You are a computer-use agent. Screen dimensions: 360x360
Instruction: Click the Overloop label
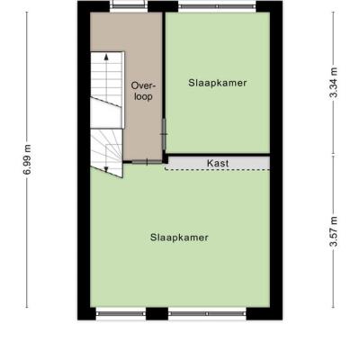point(144,91)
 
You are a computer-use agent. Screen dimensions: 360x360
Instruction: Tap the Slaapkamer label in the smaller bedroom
point(218,83)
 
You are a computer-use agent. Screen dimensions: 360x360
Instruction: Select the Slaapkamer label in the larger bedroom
point(179,238)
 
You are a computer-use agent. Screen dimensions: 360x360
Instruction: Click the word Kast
point(218,164)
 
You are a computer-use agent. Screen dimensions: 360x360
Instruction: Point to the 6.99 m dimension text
point(27,159)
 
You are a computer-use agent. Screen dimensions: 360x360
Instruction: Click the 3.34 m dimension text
point(333,83)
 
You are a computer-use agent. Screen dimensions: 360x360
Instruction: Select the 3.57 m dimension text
point(333,231)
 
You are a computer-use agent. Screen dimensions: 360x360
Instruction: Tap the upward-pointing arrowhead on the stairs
point(106,57)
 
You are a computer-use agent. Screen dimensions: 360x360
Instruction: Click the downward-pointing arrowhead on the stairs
point(106,169)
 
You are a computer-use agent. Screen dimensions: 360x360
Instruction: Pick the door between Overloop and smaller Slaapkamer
point(164,134)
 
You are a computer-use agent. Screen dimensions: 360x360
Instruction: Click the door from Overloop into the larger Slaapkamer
point(147,162)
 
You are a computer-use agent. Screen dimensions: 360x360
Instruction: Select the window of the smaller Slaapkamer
point(217,6)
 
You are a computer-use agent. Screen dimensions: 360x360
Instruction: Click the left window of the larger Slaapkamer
point(121,314)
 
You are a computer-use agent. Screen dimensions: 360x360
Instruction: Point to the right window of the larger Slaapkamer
point(207,314)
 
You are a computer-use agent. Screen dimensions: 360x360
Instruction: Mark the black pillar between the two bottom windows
point(157,314)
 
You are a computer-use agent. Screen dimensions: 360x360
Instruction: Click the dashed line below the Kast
point(217,170)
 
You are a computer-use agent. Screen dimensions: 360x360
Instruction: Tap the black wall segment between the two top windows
point(163,6)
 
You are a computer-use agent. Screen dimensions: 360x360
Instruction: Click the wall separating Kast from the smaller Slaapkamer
point(219,155)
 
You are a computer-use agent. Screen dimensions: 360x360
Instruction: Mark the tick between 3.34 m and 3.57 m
point(333,156)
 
